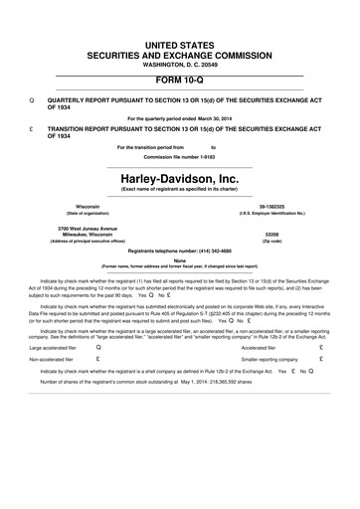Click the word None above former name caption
point(180,261)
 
